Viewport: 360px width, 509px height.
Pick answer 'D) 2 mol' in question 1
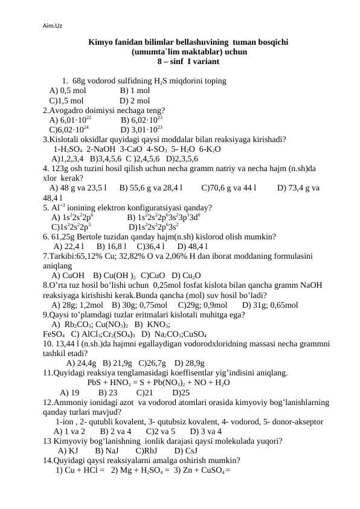[x=135, y=100]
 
